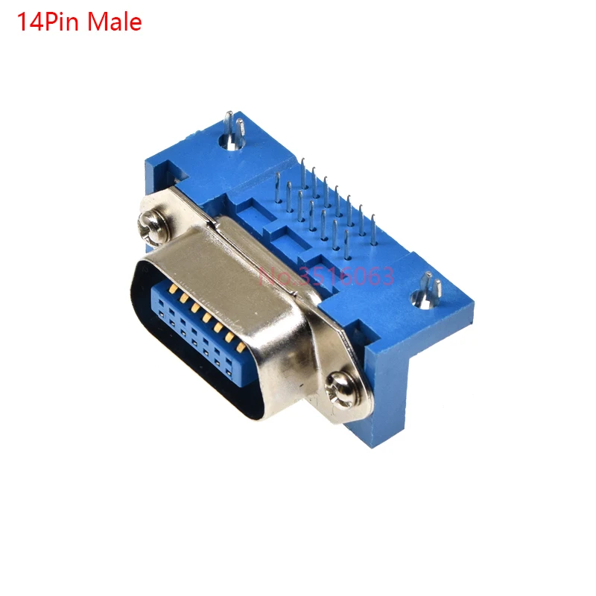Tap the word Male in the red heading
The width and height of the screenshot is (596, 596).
pyautogui.click(x=115, y=22)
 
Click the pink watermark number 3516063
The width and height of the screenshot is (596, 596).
pyautogui.click(x=345, y=276)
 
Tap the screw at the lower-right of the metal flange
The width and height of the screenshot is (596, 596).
pyautogui.click(x=341, y=390)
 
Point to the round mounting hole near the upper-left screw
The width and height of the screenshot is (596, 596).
pyautogui.click(x=230, y=143)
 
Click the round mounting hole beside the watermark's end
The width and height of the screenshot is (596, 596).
pyautogui.click(x=423, y=299)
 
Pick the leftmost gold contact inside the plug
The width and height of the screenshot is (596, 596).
pyautogui.click(x=174, y=288)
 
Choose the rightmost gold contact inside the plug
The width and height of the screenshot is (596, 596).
pyautogui.click(x=241, y=346)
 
